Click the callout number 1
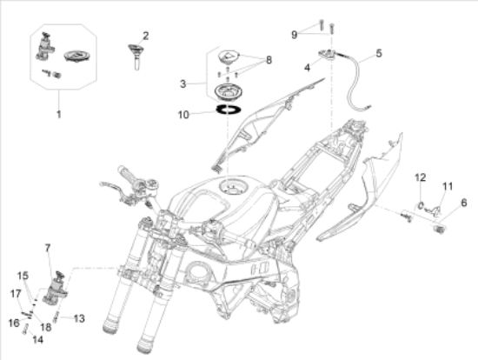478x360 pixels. click(x=59, y=115)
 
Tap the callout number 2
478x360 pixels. click(x=146, y=36)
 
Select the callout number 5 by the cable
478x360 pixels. click(x=379, y=53)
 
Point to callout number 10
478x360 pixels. click(x=183, y=115)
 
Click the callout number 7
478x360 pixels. click(x=48, y=249)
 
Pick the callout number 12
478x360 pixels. click(x=421, y=177)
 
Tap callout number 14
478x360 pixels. click(x=37, y=339)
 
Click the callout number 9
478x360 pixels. click(x=294, y=35)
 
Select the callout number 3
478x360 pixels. click(x=183, y=83)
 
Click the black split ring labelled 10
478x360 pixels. click(x=229, y=109)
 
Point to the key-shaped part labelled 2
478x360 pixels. click(x=136, y=56)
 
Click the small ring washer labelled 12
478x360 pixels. click(x=420, y=206)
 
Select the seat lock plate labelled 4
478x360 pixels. click(x=328, y=55)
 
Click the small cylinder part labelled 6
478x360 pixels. click(x=439, y=229)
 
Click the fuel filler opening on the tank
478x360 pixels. click(x=230, y=186)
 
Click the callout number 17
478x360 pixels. click(x=16, y=294)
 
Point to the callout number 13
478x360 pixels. click(x=79, y=318)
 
